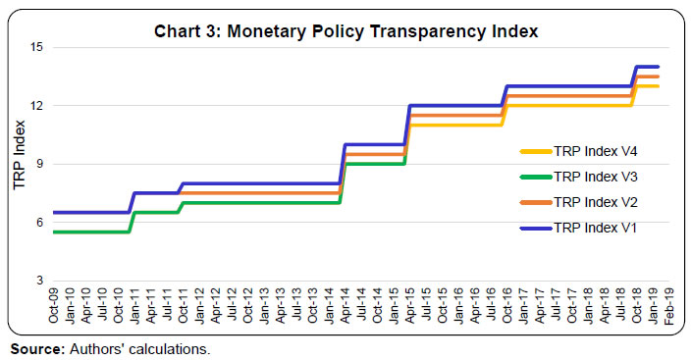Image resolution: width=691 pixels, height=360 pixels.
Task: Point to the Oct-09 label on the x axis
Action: (55, 307)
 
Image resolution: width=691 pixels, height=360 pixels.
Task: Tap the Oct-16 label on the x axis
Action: (507, 307)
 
